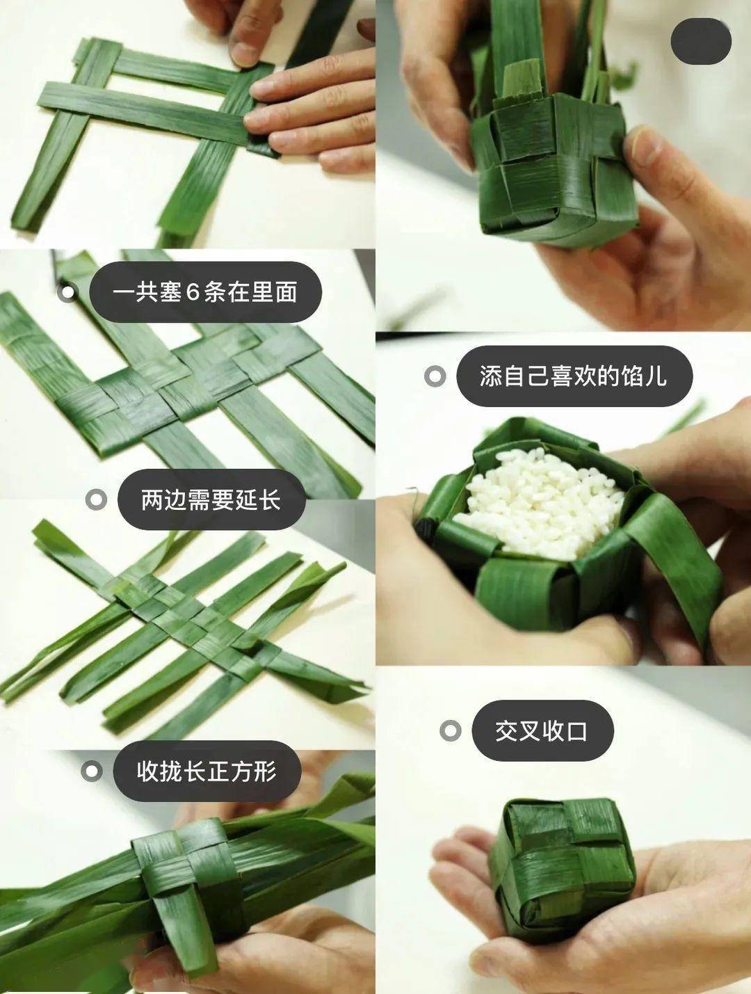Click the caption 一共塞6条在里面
pyautogui.click(x=205, y=292)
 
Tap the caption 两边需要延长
pyautogui.click(x=211, y=499)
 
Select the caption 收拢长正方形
pyautogui.click(x=207, y=771)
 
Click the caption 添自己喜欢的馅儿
pyautogui.click(x=574, y=376)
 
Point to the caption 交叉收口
pyautogui.click(x=542, y=730)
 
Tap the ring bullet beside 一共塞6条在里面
pyautogui.click(x=67, y=292)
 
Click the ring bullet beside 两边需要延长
pyautogui.click(x=95, y=499)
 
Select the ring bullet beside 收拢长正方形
pyautogui.click(x=91, y=771)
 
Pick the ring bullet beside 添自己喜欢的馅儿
pyautogui.click(x=435, y=376)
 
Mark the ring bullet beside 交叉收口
pyautogui.click(x=451, y=730)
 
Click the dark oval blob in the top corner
pyautogui.click(x=701, y=40)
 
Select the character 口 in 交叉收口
pyautogui.click(x=577, y=730)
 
